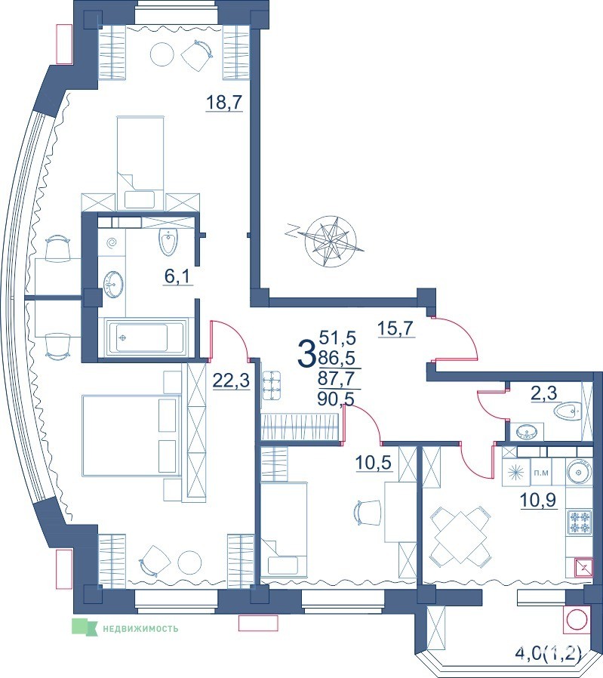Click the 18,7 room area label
224,103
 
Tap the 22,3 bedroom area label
231,381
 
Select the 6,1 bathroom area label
177,277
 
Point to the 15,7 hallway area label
396,328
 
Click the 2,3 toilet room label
544,393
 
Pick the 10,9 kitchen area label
538,501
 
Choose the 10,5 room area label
374,463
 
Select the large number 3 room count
306,353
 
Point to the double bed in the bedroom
131,435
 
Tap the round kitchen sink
578,472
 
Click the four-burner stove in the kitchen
579,522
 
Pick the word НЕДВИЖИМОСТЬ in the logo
140,629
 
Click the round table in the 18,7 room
162,54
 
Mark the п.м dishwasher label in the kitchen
541,473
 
